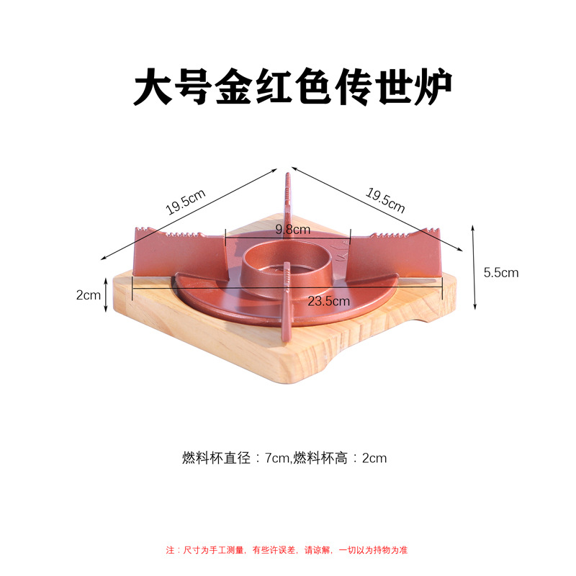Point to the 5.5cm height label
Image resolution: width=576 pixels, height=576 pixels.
(x=500, y=272)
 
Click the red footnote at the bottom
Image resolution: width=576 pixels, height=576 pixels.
(x=287, y=550)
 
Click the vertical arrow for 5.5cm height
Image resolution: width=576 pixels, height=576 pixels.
(x=473, y=266)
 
